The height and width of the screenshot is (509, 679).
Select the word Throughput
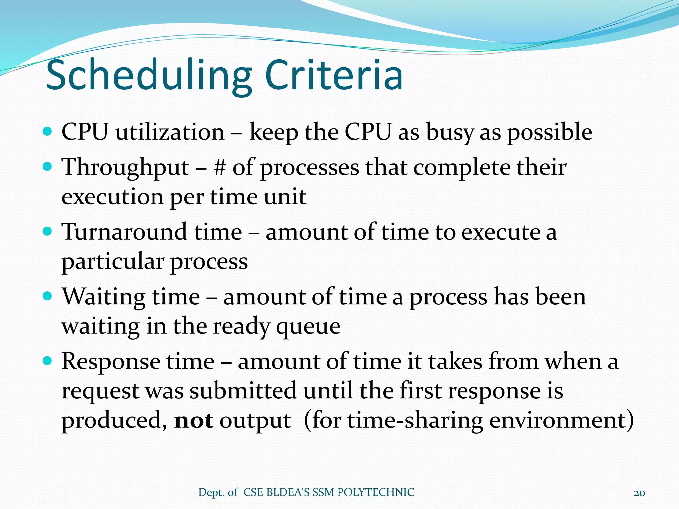point(125,168)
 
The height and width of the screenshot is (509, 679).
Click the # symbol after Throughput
point(220,167)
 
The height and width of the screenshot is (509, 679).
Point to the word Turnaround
point(124,232)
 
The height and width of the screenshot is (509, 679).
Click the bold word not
point(194,421)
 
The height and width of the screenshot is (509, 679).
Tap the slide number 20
point(639,493)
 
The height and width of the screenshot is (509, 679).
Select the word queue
point(308,327)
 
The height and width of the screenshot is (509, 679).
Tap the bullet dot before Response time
point(48,361)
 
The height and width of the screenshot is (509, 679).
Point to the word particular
point(113,262)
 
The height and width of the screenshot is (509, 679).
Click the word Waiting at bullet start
point(103,297)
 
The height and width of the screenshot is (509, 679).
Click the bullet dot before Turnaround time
point(48,231)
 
